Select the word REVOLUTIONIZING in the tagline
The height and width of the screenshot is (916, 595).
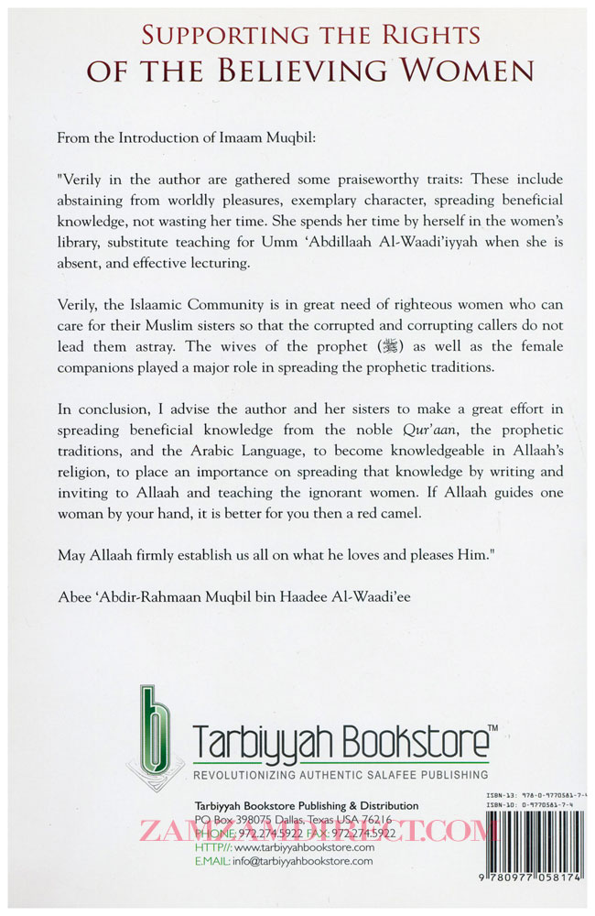point(253,776)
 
